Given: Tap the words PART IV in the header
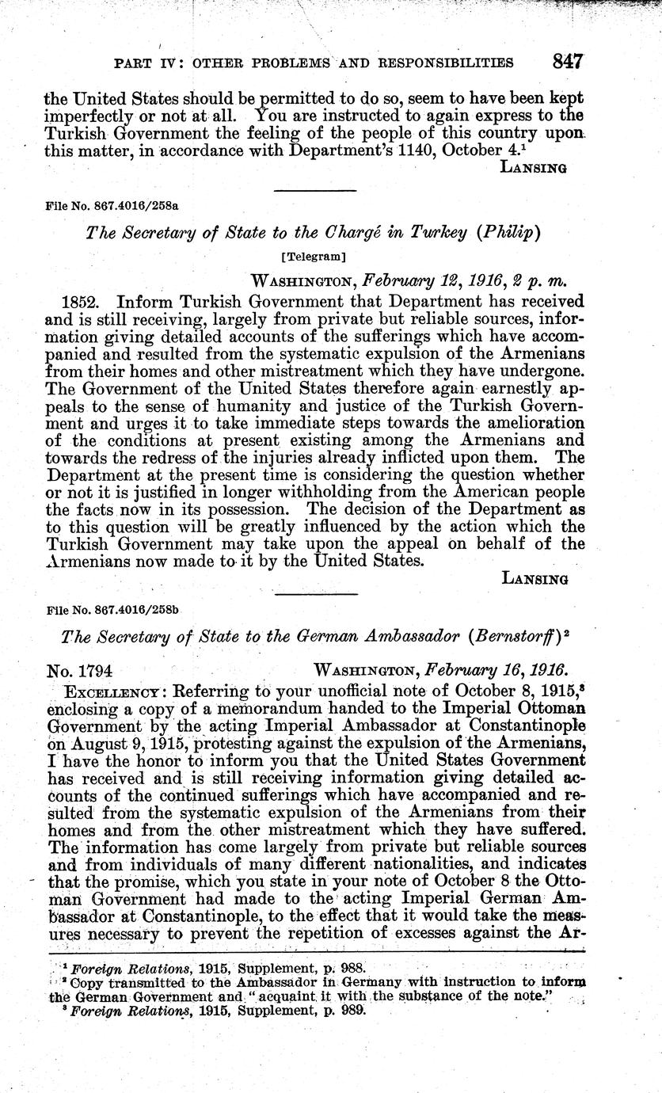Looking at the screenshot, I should click(148, 63).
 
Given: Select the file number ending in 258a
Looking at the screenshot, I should click(112, 204).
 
